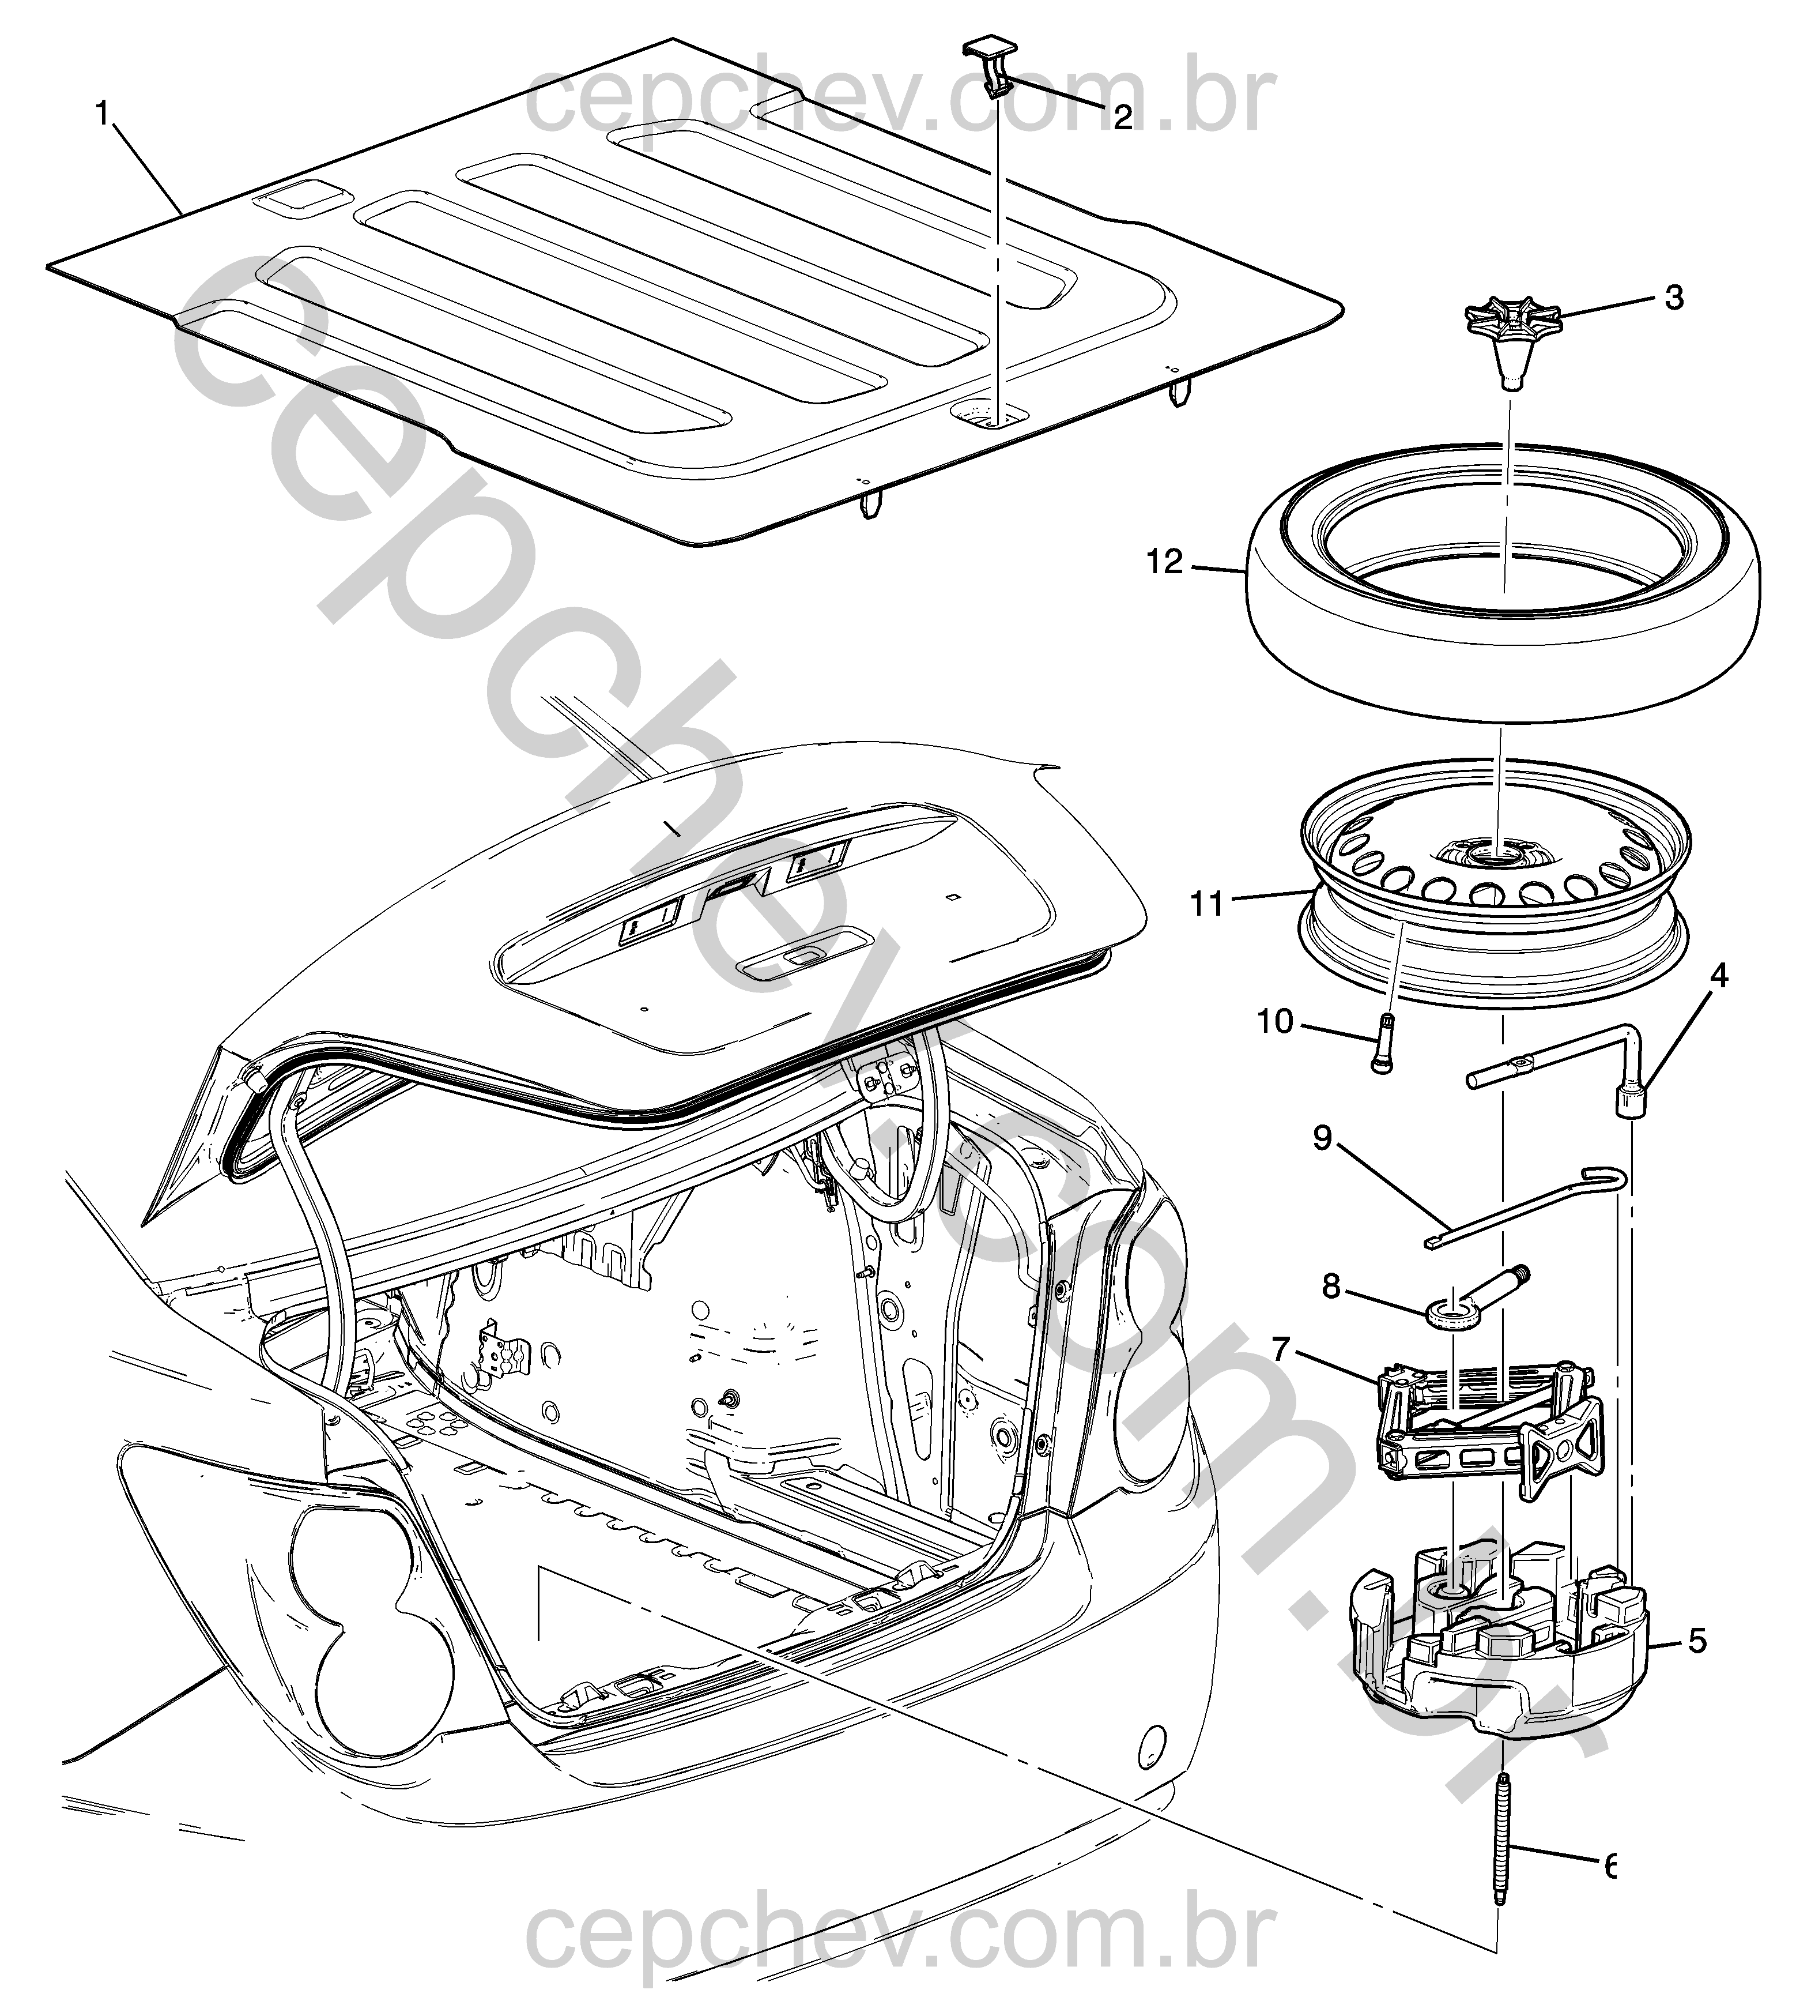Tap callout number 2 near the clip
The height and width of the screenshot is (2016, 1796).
[1122, 118]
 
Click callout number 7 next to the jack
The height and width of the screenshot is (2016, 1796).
[1282, 1349]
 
